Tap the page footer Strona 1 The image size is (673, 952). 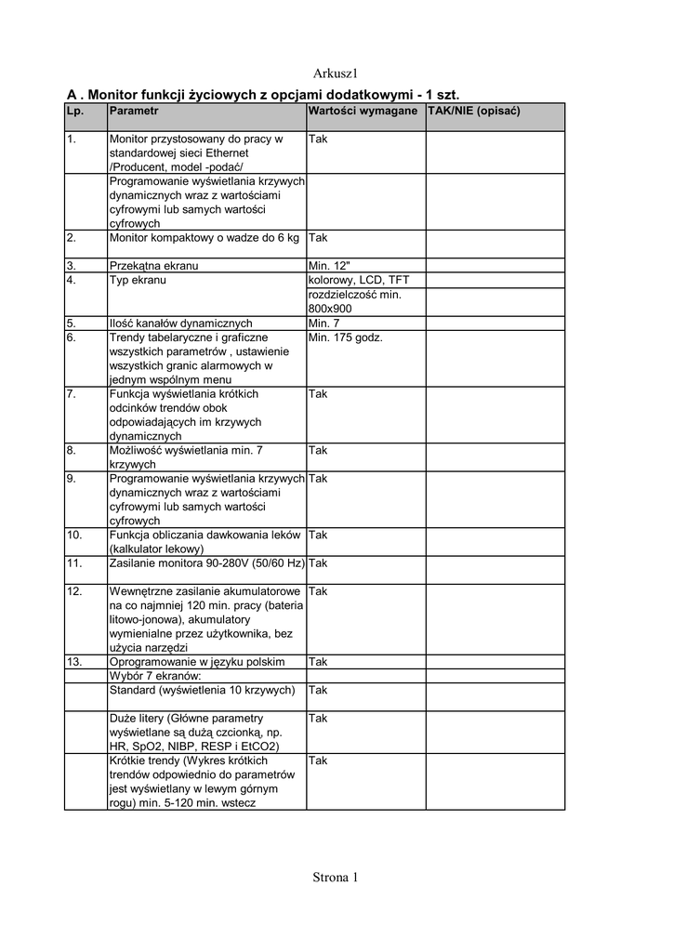pos(335,877)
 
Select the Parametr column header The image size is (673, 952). pos(134,111)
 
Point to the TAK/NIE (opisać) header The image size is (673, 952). pos(473,111)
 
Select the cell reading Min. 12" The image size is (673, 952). pos(329,266)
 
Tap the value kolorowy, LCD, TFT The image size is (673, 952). pos(358,280)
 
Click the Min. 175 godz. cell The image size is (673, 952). pos(346,337)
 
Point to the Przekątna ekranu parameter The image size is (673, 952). pos(153,266)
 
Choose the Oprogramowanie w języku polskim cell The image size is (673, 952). pos(196,662)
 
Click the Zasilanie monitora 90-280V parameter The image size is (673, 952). pos(206,563)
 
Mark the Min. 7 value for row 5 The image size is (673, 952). pos(324,324)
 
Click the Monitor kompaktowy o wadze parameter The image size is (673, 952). pos(204,238)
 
